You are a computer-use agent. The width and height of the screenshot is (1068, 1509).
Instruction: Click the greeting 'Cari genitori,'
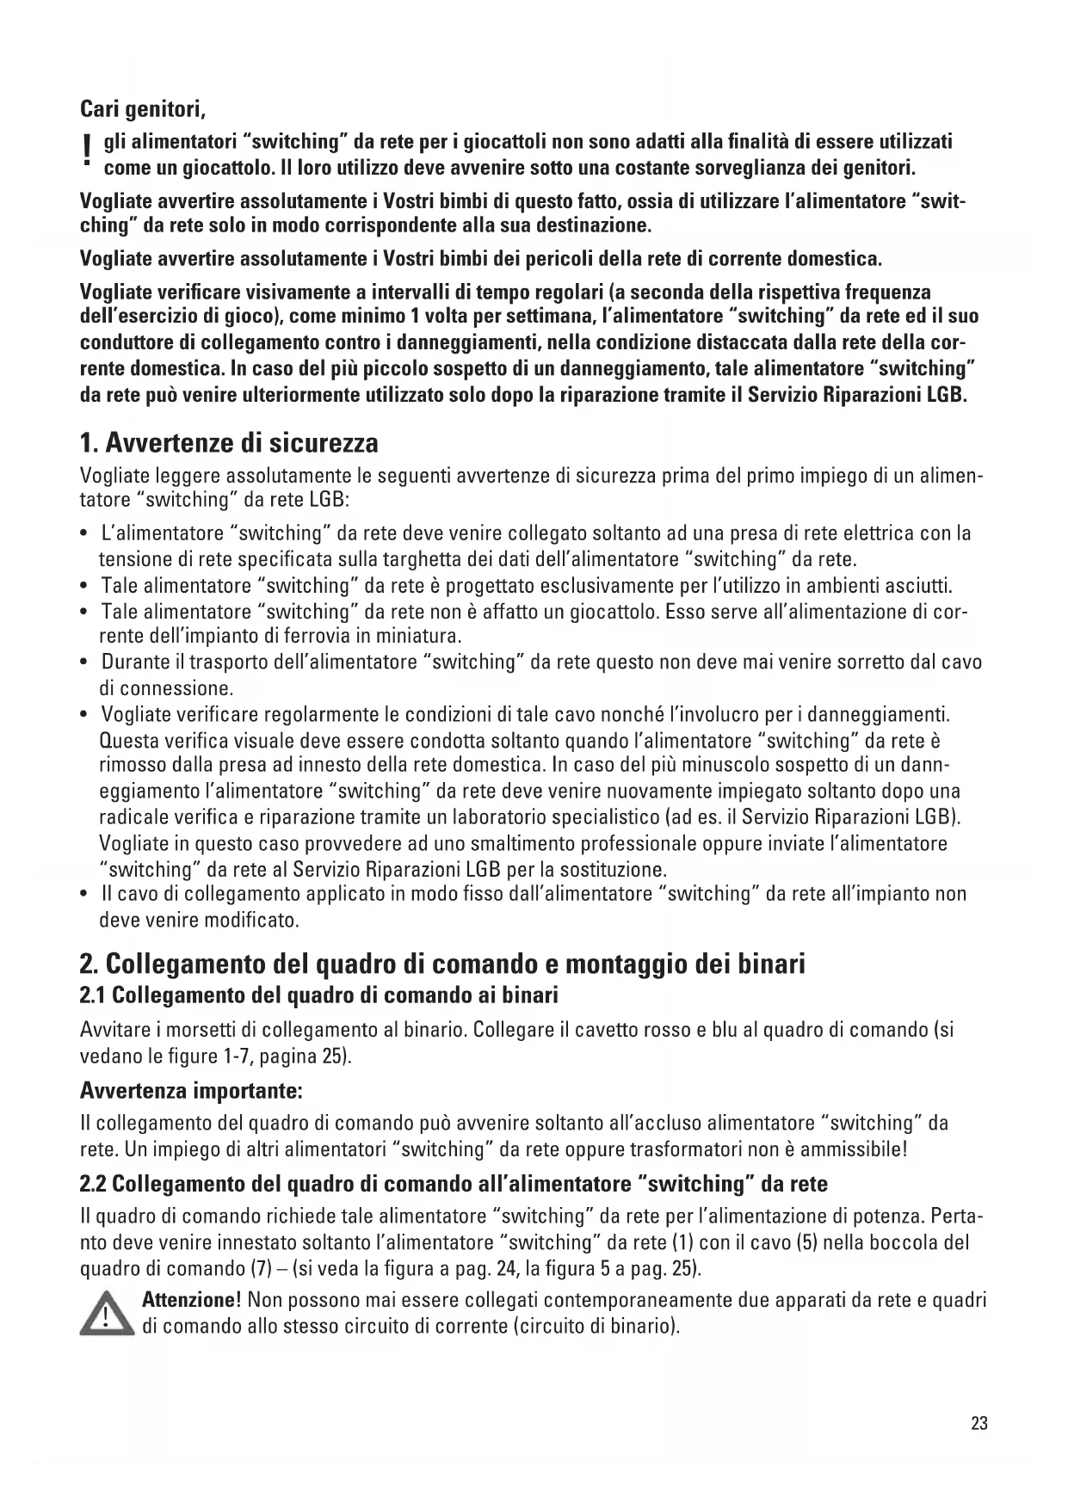click(143, 110)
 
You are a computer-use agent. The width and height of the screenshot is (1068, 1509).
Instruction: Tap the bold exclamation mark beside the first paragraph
click(86, 152)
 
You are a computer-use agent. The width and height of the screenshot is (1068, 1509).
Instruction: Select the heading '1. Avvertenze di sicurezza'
click(229, 443)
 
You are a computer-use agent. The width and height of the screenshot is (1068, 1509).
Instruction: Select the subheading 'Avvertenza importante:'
click(191, 1092)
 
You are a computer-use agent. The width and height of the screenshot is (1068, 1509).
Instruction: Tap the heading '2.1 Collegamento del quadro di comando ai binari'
click(319, 995)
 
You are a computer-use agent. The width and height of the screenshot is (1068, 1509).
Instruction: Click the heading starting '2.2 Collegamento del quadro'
click(454, 1184)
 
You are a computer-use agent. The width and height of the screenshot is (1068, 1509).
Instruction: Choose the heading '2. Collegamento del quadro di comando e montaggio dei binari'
click(442, 964)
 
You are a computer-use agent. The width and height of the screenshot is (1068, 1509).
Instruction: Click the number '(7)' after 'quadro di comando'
click(237, 1269)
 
